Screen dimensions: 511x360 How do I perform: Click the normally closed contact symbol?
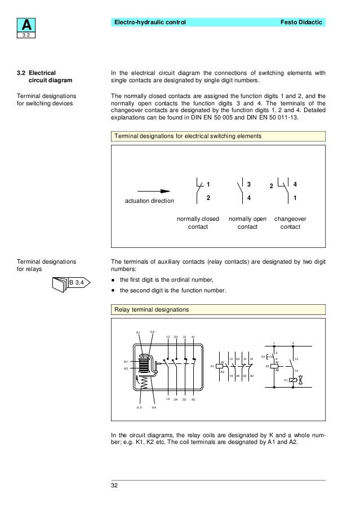tap(198, 190)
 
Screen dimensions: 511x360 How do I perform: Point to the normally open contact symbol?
tap(239, 190)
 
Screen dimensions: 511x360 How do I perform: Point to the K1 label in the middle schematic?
tap(213, 367)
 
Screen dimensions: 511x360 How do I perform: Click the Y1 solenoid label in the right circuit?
tap(286, 380)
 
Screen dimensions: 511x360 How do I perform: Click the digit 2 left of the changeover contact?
tap(270, 186)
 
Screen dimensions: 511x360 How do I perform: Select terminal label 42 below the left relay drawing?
tap(194, 399)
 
